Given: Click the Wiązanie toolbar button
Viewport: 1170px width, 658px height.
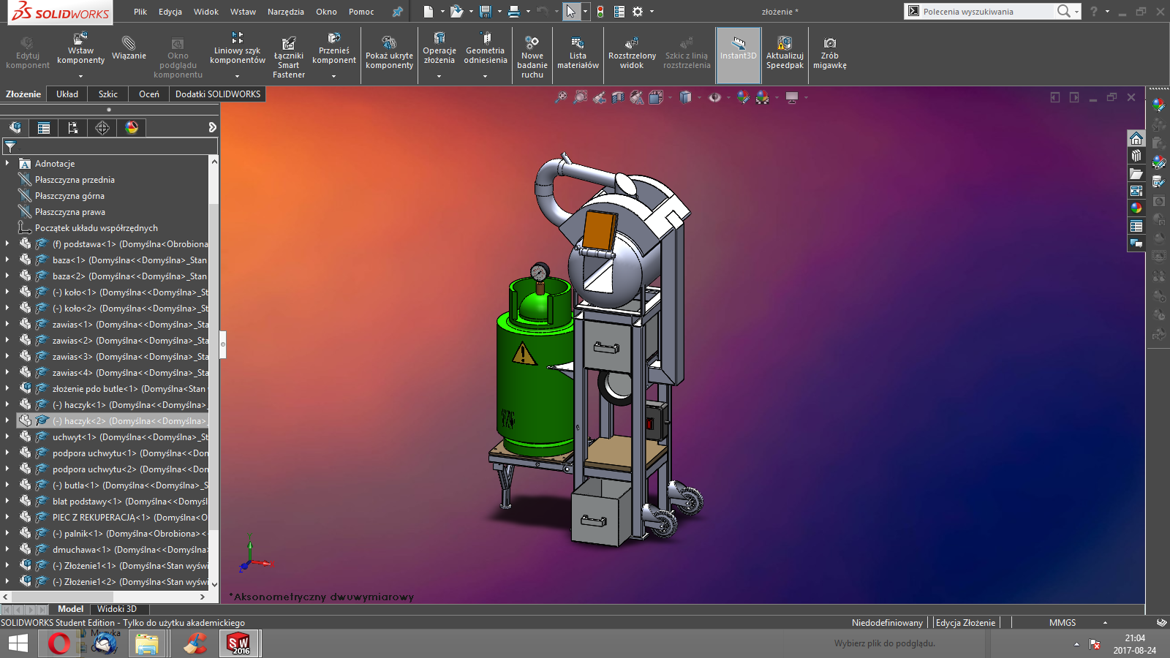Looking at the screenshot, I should click(x=129, y=48).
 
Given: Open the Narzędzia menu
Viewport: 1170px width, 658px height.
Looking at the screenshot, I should click(x=285, y=12).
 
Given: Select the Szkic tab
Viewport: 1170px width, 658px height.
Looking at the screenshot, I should click(x=108, y=94).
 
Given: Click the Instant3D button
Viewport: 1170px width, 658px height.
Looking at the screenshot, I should click(x=738, y=49).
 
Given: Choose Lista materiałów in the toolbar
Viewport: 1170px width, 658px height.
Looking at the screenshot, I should click(x=578, y=53).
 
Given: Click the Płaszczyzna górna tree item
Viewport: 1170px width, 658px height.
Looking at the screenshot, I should click(x=69, y=196).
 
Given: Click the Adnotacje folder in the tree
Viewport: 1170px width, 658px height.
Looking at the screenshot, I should click(x=55, y=164).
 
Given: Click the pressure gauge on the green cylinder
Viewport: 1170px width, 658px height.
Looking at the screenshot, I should click(x=540, y=273).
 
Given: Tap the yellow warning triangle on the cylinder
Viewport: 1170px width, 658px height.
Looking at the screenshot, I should click(x=523, y=354).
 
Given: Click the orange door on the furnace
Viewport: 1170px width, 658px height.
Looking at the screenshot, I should click(x=599, y=230).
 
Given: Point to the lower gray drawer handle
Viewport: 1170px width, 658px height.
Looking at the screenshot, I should click(x=593, y=521).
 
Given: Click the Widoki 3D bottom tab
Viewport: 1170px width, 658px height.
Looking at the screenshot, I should click(x=117, y=609).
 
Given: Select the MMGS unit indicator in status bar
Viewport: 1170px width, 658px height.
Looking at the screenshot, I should click(x=1063, y=623).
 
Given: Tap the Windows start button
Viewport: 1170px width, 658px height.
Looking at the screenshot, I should click(x=18, y=643).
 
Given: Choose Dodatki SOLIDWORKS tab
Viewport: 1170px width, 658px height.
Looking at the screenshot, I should click(x=218, y=94).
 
